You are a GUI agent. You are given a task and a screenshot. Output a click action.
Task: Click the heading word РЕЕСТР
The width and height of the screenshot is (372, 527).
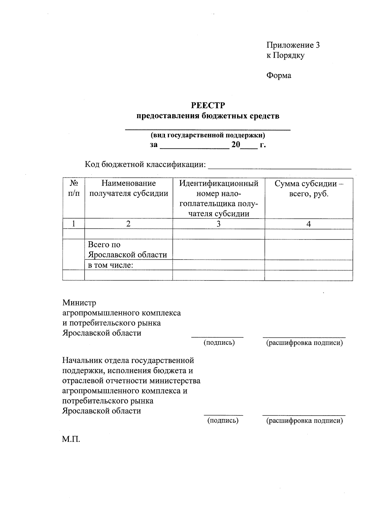click(208, 106)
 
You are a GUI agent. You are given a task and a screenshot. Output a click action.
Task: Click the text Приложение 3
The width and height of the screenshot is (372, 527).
click(293, 45)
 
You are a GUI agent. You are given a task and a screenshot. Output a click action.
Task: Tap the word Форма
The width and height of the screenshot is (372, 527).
click(279, 75)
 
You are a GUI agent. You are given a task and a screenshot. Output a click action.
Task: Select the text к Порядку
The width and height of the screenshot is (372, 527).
click(286, 56)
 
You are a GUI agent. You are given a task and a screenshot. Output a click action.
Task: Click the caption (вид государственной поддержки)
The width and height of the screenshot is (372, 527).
click(208, 135)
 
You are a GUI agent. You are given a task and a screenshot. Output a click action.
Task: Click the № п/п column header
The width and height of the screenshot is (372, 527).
click(73, 189)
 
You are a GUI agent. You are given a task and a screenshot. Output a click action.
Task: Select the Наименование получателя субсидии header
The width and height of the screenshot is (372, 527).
click(129, 189)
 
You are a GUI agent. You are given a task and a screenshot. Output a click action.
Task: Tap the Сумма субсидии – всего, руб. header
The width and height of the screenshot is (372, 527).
click(309, 189)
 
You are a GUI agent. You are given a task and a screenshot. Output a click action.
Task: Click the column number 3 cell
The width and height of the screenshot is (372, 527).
click(219, 224)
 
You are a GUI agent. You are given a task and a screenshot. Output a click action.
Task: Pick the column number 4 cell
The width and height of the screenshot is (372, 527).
click(309, 224)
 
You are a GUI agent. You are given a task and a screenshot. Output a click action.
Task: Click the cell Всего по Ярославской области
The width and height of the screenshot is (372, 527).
click(128, 250)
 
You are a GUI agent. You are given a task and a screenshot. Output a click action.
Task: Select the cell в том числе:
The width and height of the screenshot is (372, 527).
click(111, 265)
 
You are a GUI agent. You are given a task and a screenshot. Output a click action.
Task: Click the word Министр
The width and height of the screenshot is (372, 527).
click(79, 302)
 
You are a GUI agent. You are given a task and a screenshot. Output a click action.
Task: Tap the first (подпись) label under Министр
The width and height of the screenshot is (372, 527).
click(219, 343)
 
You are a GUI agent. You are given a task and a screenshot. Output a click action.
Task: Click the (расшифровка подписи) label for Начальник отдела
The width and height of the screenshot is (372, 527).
click(304, 421)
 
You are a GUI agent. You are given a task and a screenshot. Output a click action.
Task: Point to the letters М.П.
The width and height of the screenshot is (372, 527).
click(71, 439)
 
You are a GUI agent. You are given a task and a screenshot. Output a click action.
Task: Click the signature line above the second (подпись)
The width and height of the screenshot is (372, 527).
click(223, 415)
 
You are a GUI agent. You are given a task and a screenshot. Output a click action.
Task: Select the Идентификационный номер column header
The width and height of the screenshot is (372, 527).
click(219, 198)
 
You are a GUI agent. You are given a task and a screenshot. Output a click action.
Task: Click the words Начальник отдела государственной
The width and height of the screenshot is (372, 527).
click(128, 361)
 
